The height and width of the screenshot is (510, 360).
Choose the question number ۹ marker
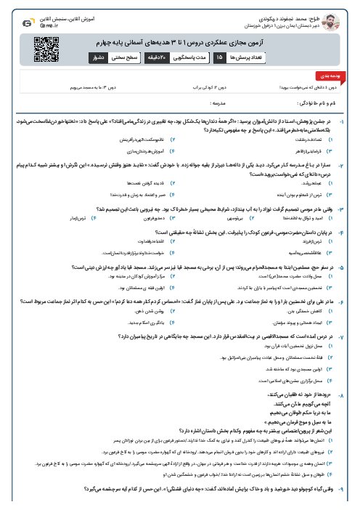point(351,492)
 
